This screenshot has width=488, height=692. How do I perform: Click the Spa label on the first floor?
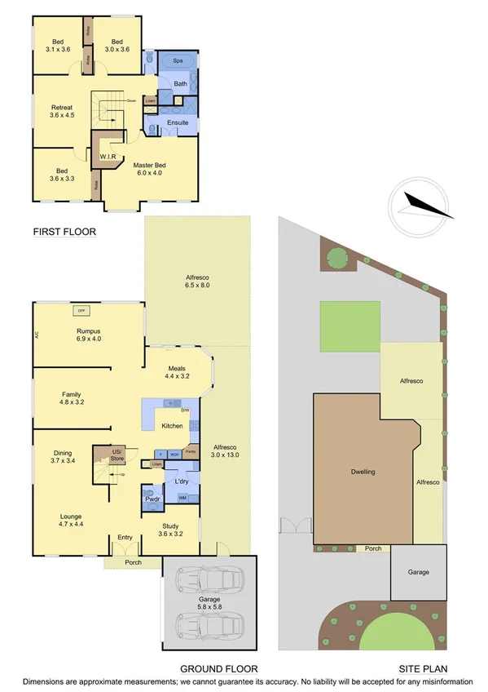click(x=176, y=61)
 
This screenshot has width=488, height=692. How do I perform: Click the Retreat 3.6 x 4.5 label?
click(x=63, y=111)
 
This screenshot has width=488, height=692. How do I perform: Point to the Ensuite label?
click(x=178, y=122)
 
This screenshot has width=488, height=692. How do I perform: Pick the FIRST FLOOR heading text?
click(x=64, y=232)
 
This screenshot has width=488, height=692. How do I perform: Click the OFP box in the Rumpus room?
click(x=81, y=310)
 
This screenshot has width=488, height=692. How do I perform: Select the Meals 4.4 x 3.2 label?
click(x=177, y=371)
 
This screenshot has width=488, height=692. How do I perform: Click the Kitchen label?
click(x=172, y=426)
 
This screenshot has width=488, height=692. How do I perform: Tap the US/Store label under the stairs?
click(x=117, y=455)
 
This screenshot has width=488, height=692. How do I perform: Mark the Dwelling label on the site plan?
click(x=363, y=472)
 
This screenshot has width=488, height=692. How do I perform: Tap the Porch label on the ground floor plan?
click(x=132, y=562)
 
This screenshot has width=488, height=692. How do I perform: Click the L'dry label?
click(x=181, y=482)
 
